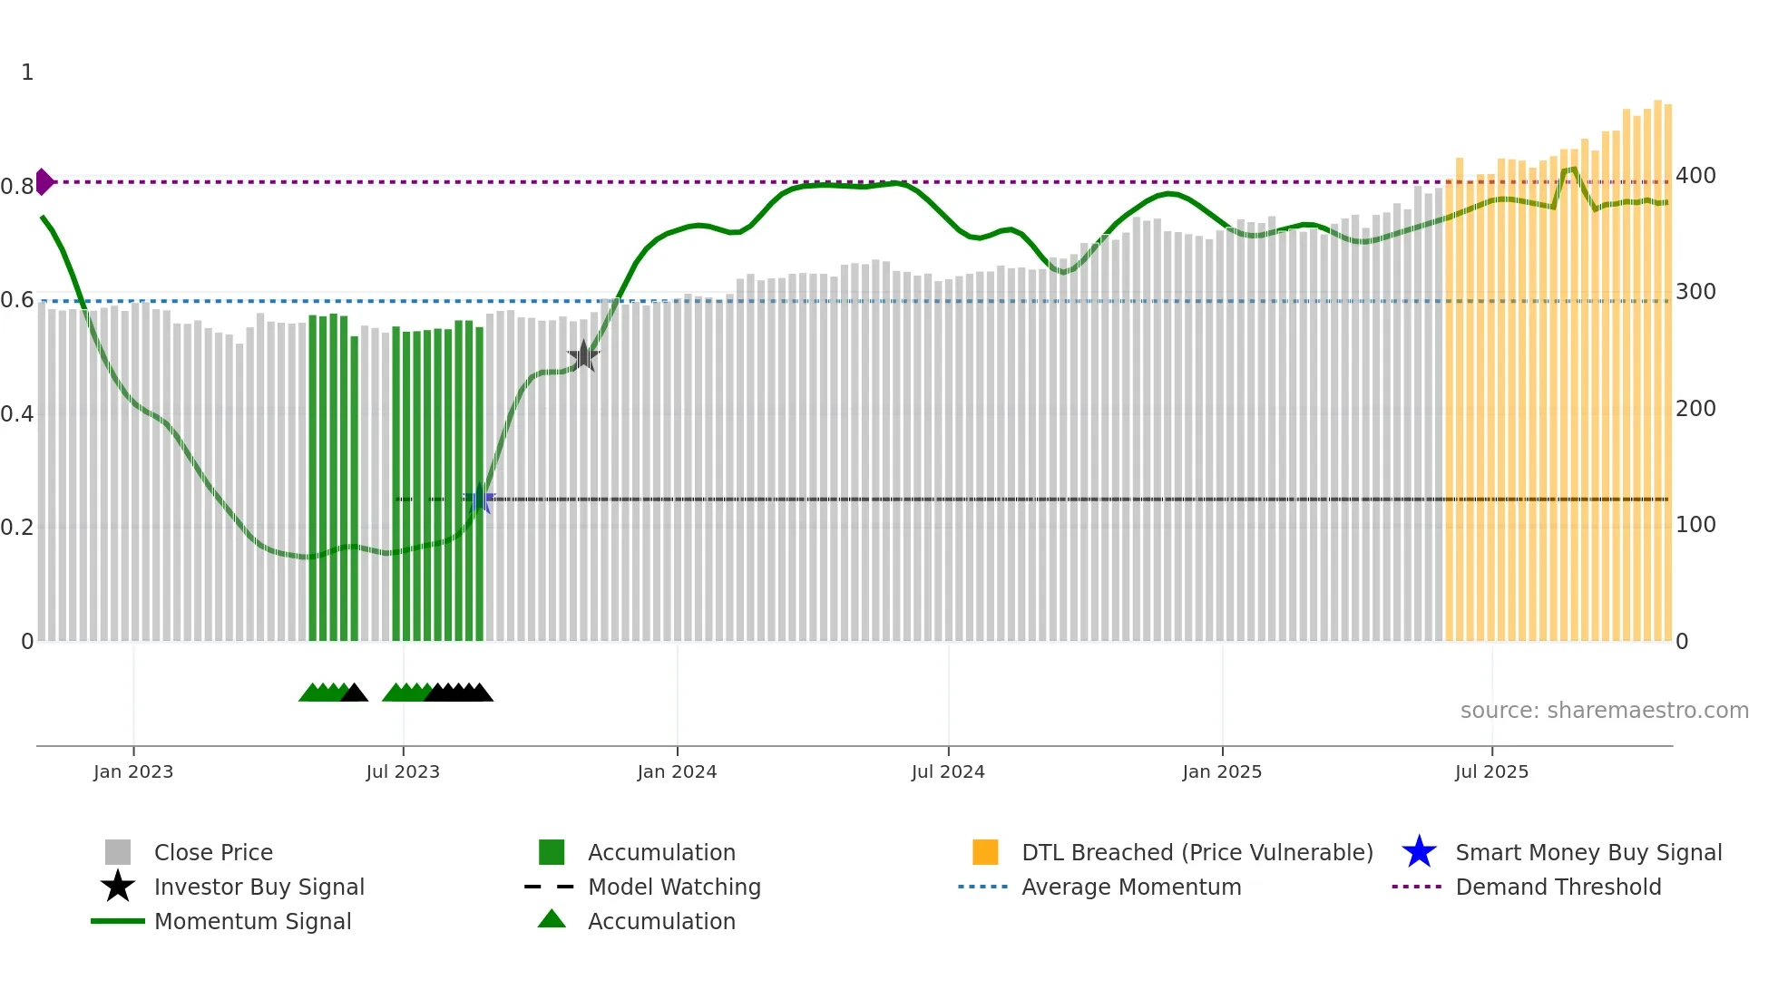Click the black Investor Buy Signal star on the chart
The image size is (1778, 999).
click(583, 356)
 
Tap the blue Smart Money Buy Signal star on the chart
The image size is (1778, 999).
click(480, 498)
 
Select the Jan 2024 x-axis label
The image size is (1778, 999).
click(677, 771)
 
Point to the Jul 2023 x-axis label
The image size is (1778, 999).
click(403, 771)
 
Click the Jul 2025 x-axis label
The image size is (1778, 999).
click(1491, 771)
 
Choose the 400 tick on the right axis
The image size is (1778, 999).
click(1695, 176)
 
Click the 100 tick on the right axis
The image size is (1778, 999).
click(1695, 525)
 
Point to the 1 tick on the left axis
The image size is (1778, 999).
click(27, 73)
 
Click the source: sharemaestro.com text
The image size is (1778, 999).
click(1604, 711)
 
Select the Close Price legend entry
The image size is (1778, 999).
click(213, 852)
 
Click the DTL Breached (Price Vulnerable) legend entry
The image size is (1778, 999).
click(1197, 852)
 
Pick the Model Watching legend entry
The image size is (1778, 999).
click(674, 887)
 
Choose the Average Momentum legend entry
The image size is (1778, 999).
click(1131, 887)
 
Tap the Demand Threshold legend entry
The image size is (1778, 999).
click(1558, 887)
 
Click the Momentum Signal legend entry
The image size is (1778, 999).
click(252, 921)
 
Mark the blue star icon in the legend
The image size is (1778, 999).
click(1419, 852)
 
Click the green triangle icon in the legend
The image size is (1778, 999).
click(552, 919)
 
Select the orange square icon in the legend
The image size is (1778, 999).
click(985, 852)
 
